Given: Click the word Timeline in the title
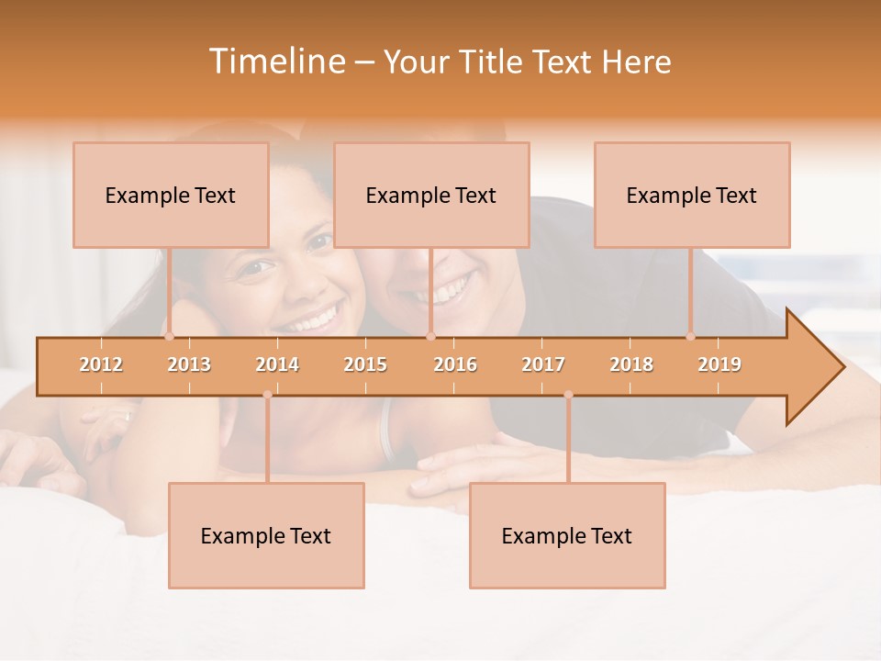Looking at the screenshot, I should [275, 62].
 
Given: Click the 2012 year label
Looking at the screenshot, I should [101, 364].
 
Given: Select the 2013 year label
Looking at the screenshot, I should [189, 364].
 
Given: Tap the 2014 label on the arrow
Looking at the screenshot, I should [277, 364].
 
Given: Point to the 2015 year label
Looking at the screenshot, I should [365, 364].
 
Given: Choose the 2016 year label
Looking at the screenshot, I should [455, 364].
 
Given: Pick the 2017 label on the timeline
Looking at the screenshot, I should [543, 364].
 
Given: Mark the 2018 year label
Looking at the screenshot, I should [631, 364].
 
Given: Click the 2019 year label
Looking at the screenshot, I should [719, 364].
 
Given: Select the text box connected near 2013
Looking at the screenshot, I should [171, 195].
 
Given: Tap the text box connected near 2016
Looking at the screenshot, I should [431, 195].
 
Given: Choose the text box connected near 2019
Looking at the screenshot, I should [692, 195].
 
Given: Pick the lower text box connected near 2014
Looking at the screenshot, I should [266, 535].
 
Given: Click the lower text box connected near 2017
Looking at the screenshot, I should [567, 535].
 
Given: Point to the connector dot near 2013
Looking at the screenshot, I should [169, 337].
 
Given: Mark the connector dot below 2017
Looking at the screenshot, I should [568, 395].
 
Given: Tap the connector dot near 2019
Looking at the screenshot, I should [690, 337].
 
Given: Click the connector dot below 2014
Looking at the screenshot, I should [267, 395].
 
